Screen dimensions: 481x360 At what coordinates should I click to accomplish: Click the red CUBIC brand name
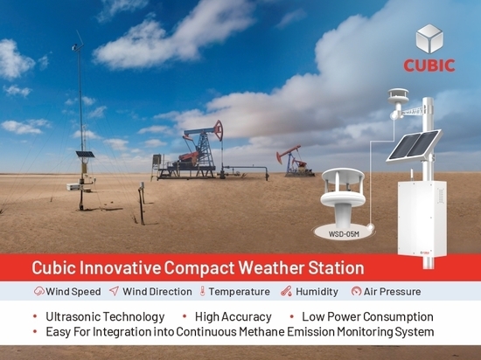coord(429,66)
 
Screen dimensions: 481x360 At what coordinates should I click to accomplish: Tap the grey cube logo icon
coord(429,39)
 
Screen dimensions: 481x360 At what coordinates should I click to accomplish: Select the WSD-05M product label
coord(344,234)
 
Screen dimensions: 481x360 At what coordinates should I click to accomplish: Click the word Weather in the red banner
coord(271,267)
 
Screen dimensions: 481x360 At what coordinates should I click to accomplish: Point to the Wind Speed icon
coord(39,291)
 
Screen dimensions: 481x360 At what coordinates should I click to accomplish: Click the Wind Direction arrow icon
coord(114,291)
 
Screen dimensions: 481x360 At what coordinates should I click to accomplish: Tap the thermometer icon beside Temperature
coord(202,291)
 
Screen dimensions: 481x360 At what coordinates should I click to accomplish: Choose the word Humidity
coord(317,291)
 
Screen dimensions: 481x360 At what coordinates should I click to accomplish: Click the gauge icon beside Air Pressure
coord(356,291)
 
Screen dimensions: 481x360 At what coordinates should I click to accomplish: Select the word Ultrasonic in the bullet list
coord(73,316)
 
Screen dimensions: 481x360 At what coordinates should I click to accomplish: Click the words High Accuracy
coord(234,317)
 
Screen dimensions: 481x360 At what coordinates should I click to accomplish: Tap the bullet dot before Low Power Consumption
coord(292,316)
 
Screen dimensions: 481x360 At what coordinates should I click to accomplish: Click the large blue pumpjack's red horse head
coord(219,130)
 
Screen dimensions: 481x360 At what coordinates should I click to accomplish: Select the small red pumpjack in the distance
coord(295,162)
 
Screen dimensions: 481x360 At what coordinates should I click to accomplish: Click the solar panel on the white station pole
coord(414,146)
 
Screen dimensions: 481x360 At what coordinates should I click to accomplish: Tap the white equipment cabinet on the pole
coord(422,218)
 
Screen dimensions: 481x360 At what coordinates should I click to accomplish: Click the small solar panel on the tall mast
coord(85,155)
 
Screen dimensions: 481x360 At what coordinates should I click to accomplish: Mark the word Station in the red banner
coord(336,267)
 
